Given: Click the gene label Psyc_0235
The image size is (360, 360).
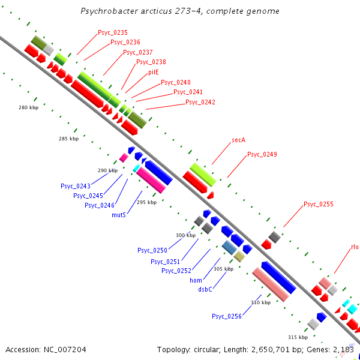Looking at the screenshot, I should (x=113, y=32).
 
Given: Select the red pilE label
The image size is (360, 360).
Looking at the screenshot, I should (x=154, y=72).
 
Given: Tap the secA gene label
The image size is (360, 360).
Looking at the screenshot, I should (x=239, y=140).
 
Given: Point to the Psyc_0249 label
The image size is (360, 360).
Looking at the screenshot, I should (x=262, y=154).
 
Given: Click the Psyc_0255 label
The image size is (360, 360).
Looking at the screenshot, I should (x=319, y=204).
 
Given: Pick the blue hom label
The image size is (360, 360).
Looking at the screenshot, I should (x=196, y=280).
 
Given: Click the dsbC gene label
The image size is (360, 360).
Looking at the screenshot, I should (x=205, y=289).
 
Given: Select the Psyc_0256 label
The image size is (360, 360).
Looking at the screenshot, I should (x=227, y=316).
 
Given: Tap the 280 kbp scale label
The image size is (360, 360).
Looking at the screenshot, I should (x=29, y=107).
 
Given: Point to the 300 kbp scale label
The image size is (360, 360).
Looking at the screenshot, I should (x=186, y=235).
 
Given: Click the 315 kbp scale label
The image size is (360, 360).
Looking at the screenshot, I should (x=298, y=337).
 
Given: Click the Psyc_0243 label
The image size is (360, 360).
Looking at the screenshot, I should (x=76, y=186).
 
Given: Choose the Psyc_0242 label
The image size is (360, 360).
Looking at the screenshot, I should (x=200, y=102).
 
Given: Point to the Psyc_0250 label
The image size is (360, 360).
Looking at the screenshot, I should (x=152, y=250).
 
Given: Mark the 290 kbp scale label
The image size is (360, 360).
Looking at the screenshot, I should (x=108, y=170).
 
